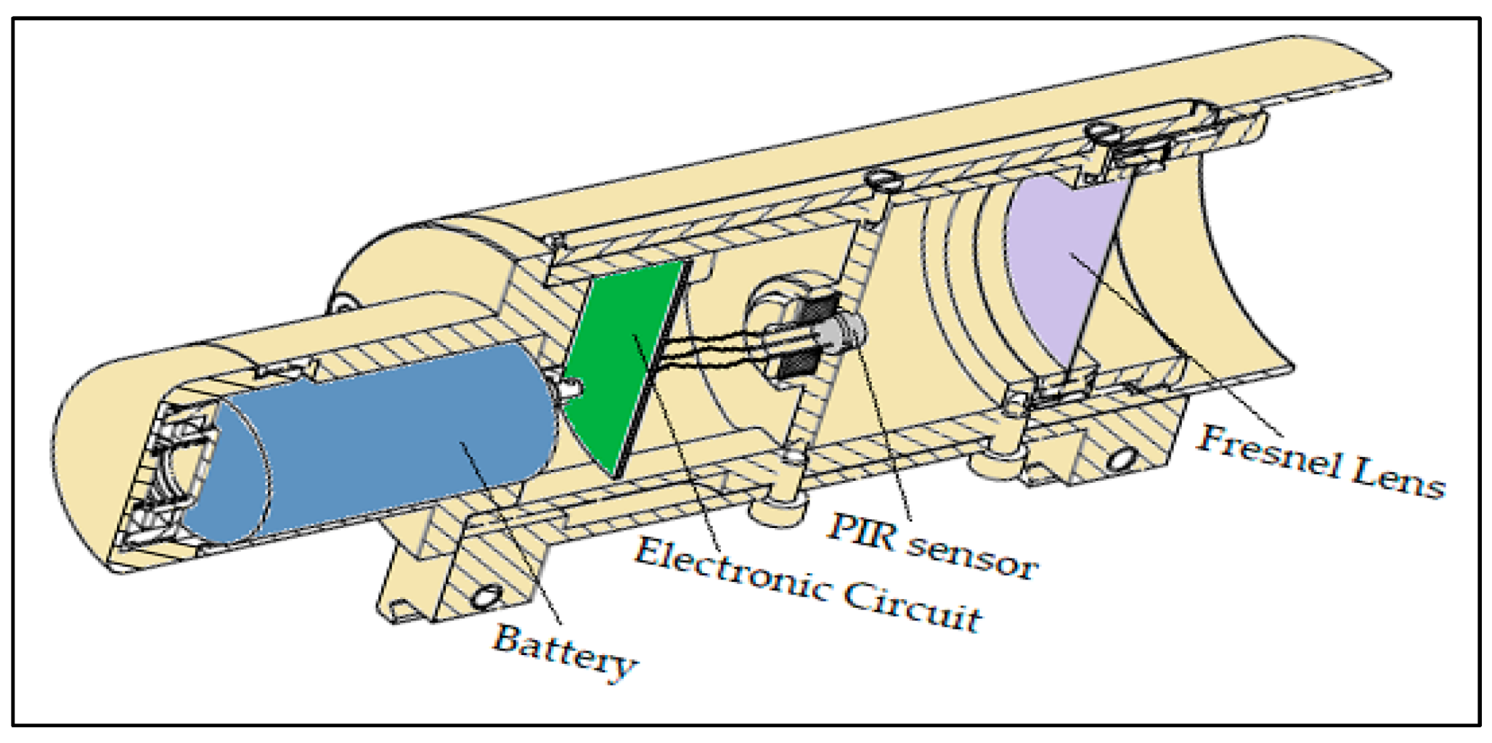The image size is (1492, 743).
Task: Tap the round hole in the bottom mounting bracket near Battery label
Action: [x=486, y=597]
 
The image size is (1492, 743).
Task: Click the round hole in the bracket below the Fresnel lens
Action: [x=1122, y=459]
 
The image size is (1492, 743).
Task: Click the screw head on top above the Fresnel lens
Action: [x=1099, y=131]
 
